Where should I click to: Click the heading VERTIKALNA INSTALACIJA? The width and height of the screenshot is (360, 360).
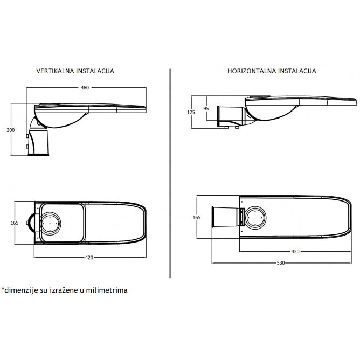pos(75,71)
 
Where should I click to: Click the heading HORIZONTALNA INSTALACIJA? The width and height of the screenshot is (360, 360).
pos(272,71)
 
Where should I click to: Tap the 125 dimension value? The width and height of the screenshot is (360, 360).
pos(191,112)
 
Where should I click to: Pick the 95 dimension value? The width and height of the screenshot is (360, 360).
pos(205,108)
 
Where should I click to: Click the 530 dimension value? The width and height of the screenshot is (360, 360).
pos(280,263)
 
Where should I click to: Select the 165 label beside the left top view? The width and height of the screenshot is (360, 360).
pos(15,223)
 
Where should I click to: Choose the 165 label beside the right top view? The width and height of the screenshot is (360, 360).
pos(197,217)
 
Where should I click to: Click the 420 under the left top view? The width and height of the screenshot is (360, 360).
pos(89,258)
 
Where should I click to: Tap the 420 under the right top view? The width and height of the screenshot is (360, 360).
pos(295,252)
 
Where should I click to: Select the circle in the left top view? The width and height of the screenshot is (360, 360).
pos(52,222)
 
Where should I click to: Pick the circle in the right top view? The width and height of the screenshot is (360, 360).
pos(255,218)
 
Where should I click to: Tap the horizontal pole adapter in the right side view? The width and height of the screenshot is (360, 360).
pos(230,115)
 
